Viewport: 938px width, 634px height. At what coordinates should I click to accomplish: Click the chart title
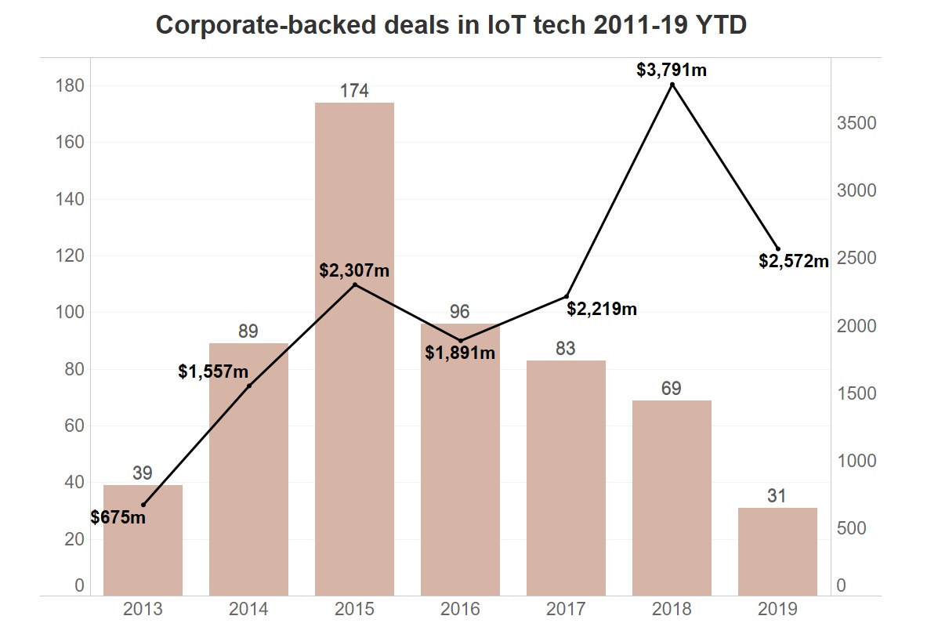click(x=451, y=25)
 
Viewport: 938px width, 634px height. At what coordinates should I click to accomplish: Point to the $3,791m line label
click(x=672, y=70)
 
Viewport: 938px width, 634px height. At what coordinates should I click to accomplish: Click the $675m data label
click(x=118, y=517)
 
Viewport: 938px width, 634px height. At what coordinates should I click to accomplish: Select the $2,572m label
click(x=794, y=261)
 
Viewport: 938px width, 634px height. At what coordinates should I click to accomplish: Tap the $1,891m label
click(x=460, y=353)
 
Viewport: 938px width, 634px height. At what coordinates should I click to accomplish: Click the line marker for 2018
click(x=672, y=84)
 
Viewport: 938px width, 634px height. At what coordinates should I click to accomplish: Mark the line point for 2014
click(x=249, y=386)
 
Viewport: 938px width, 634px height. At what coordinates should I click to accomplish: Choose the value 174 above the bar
click(x=354, y=91)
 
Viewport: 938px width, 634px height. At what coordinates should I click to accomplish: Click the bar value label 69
click(x=672, y=389)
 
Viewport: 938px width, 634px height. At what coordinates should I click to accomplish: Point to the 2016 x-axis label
click(x=460, y=610)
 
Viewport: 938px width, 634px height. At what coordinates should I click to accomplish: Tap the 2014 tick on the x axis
click(x=248, y=610)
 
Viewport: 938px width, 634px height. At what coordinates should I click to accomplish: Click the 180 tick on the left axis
click(x=70, y=85)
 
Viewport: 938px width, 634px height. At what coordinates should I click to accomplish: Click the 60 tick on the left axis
click(x=74, y=426)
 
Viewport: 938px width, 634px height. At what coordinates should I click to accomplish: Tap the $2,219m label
click(x=602, y=309)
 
